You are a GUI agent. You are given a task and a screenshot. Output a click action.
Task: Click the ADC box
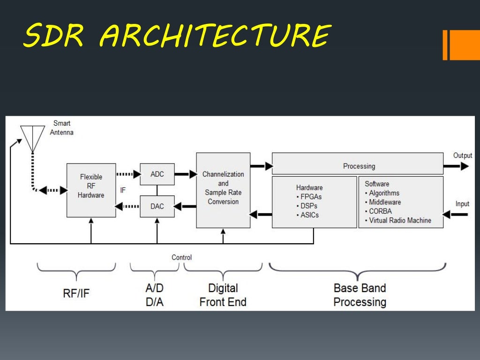pos(157,174)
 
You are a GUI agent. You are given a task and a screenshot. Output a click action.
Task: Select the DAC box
pos(157,206)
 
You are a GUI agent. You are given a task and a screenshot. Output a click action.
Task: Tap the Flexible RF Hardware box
pos(91,190)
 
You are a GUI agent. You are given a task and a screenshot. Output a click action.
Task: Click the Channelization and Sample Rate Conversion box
pos(223,190)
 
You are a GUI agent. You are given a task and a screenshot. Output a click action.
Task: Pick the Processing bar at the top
pos(358,166)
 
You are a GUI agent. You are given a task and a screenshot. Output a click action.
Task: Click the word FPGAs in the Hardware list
pos(311,197)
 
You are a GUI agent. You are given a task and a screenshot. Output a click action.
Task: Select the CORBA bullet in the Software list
pos(380,211)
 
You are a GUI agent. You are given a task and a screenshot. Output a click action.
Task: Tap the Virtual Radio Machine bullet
pos(400,220)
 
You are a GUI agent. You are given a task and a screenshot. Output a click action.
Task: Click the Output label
pos(462,155)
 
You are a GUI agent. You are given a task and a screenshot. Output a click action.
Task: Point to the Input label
pos(462,204)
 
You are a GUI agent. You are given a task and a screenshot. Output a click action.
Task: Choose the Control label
pos(181,257)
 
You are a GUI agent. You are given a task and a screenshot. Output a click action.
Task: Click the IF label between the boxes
pos(123,190)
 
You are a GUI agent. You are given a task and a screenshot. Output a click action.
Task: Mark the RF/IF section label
pos(76,293)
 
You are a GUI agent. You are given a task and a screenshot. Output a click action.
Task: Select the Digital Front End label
pos(223,295)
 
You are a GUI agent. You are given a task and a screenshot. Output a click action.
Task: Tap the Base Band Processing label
pos(360,295)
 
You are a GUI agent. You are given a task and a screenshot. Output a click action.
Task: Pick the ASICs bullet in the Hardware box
pos(309,215)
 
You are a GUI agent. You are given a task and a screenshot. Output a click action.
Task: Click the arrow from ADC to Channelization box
pos(185,174)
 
